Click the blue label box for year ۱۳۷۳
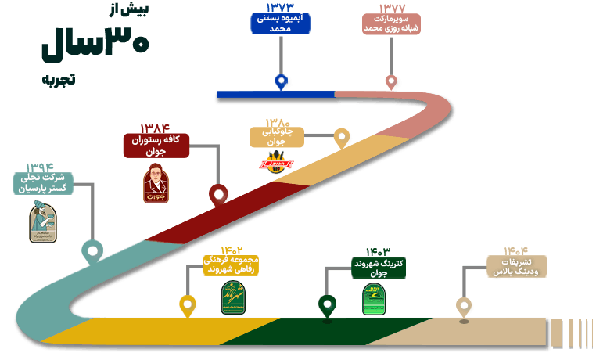(x=280, y=23)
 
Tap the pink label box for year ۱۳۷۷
(x=392, y=23)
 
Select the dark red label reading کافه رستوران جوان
(x=156, y=146)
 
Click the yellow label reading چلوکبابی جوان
(x=277, y=138)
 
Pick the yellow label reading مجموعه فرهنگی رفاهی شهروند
(x=230, y=265)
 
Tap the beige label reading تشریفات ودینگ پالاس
(x=516, y=266)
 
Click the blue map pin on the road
(x=282, y=81)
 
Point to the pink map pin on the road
(x=392, y=81)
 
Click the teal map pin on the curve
(x=93, y=251)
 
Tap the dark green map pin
(x=327, y=304)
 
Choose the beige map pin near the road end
(x=465, y=306)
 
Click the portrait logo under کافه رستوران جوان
(x=156, y=185)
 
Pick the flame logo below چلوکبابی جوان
(x=276, y=163)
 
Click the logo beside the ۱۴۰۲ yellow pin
(x=232, y=297)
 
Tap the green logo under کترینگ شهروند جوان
(x=374, y=298)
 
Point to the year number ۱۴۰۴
(x=516, y=250)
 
